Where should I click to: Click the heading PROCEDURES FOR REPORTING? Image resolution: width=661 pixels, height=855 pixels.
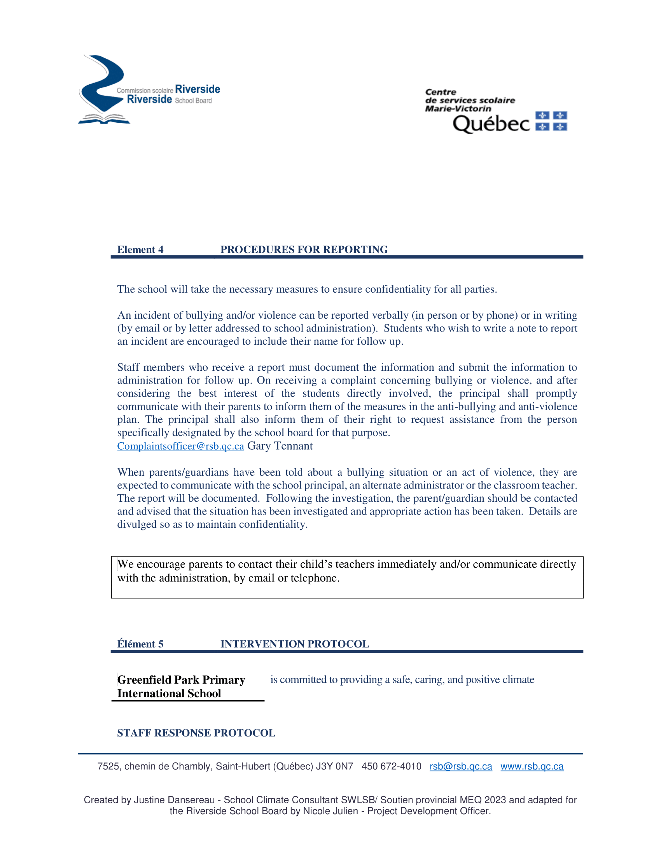(x=304, y=250)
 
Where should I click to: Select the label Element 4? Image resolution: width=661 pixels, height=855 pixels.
(x=140, y=250)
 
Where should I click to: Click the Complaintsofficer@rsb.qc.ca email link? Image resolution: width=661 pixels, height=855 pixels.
(x=180, y=446)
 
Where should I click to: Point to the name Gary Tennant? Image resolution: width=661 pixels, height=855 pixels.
(x=280, y=446)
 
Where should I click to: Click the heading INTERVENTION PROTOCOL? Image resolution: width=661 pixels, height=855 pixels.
(x=294, y=644)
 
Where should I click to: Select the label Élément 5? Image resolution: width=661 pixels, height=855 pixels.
(x=140, y=644)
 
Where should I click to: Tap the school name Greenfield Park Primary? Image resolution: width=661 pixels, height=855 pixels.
(x=181, y=680)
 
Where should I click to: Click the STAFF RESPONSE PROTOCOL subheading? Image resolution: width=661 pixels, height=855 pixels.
(x=196, y=733)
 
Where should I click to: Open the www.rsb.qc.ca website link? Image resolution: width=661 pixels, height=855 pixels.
(x=532, y=766)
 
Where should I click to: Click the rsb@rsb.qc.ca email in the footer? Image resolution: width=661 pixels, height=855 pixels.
(x=460, y=766)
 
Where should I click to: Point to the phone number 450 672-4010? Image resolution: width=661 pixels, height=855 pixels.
(x=391, y=766)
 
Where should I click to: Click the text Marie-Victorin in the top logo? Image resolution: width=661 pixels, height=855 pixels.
(x=458, y=108)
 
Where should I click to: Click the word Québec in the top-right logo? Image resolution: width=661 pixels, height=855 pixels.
(x=491, y=124)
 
